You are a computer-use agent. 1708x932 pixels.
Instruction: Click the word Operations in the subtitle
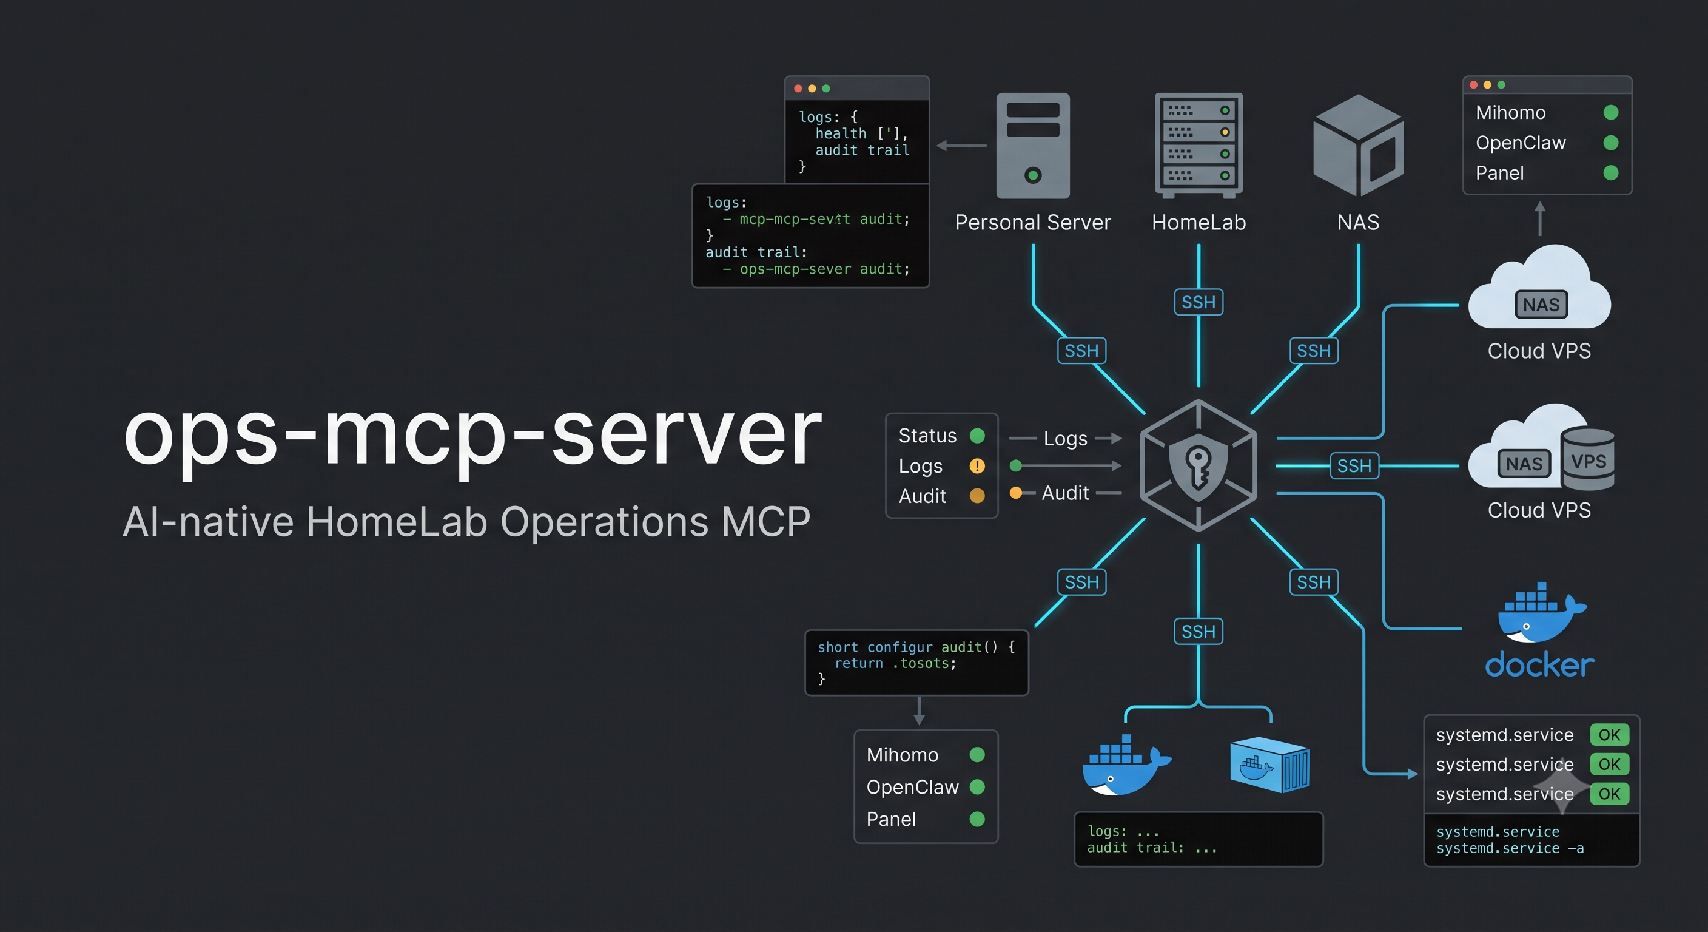(x=605, y=522)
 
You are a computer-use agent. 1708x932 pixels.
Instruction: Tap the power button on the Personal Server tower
(x=1032, y=175)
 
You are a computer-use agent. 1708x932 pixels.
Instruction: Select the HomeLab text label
(x=1199, y=222)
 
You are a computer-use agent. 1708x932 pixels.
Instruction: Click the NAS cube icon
(x=1358, y=145)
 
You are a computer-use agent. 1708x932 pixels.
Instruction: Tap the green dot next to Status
(x=977, y=435)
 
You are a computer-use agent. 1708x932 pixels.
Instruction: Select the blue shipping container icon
(x=1269, y=764)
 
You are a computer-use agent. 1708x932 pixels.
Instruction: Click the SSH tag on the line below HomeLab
(x=1199, y=303)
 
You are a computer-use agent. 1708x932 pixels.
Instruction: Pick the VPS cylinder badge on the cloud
(x=1588, y=459)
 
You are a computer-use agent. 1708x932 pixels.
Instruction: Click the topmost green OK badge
(x=1609, y=734)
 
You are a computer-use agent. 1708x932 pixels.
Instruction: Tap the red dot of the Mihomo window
(x=1473, y=85)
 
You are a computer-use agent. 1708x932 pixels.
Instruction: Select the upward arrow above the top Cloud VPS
(x=1540, y=218)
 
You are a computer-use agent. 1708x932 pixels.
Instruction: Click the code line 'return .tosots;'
(x=895, y=663)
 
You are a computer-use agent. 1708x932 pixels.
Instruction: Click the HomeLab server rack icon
(x=1199, y=145)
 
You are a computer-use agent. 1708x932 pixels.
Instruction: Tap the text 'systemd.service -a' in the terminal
(x=1510, y=848)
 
